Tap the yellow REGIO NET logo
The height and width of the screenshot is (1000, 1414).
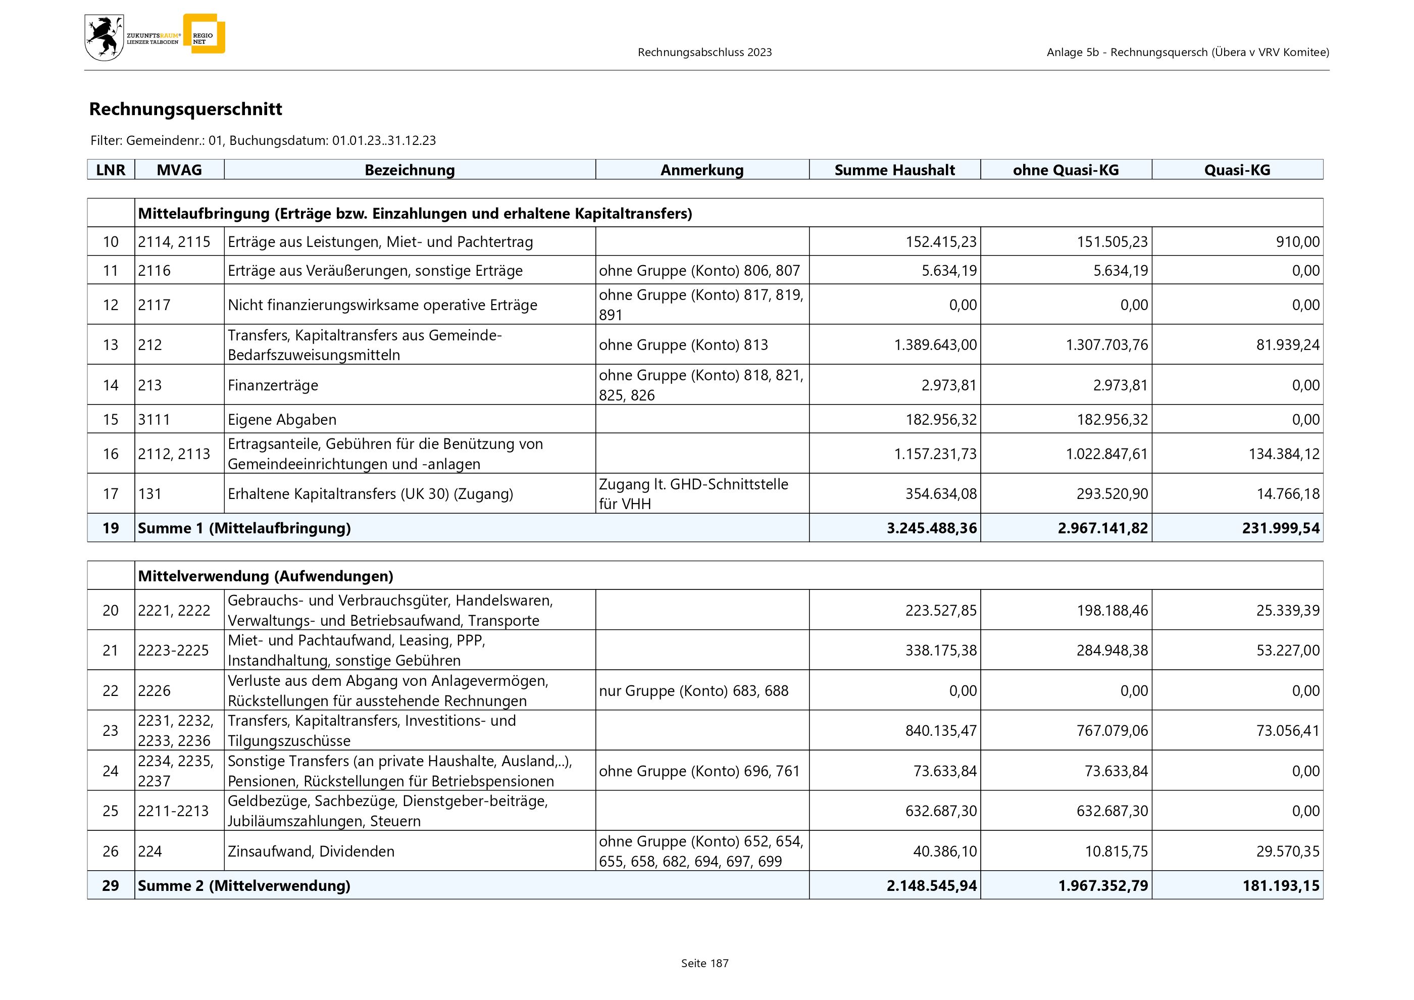click(205, 34)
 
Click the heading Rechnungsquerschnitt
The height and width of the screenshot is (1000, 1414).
click(185, 109)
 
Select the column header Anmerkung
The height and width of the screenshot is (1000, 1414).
click(701, 170)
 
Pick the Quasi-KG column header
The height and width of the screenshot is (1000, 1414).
click(1237, 170)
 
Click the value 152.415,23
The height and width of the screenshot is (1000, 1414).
click(940, 242)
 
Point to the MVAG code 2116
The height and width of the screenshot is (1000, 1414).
click(154, 270)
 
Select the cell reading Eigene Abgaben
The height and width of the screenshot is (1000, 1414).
click(282, 419)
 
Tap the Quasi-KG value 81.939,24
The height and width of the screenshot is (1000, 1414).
click(1288, 345)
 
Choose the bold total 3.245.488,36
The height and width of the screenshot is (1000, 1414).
click(931, 528)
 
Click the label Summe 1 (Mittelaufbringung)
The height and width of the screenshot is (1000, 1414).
click(244, 528)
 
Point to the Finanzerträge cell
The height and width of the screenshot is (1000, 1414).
click(273, 385)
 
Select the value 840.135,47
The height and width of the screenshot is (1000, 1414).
click(940, 730)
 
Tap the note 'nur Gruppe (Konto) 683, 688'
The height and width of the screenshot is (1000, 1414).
click(693, 690)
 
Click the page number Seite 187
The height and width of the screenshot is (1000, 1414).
click(704, 963)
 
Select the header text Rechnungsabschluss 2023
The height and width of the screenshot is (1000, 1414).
click(704, 53)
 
